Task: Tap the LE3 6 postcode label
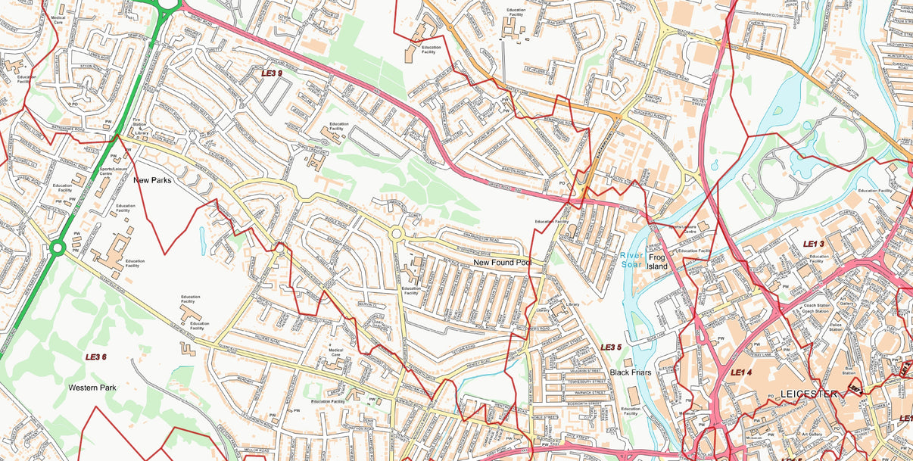coord(95,357)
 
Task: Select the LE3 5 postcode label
coord(611,347)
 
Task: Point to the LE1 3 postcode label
coord(813,244)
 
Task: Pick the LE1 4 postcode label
coord(741,372)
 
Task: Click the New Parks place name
coord(152,181)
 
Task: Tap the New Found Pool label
coord(503,263)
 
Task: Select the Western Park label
coord(92,388)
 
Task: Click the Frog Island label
coord(657,261)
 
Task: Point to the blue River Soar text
coord(631,260)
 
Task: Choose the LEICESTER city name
coord(809,394)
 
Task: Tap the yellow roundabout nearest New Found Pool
coord(396,235)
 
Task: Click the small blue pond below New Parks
coord(201,241)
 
